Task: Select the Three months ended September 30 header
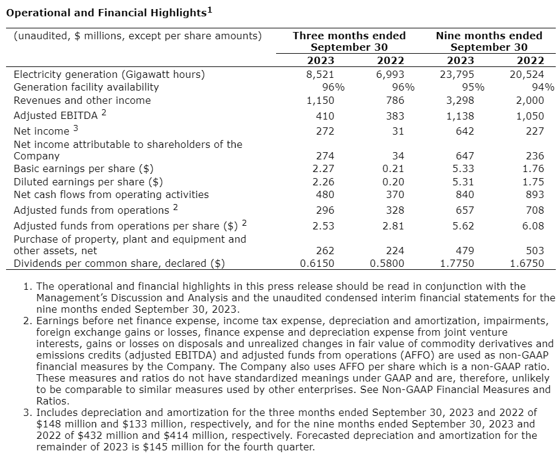[349, 41]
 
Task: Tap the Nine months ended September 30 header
[489, 41]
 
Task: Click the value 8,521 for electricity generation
[321, 74]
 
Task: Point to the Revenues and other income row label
[82, 100]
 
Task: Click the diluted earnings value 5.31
[463, 182]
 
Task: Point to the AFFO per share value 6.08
[532, 226]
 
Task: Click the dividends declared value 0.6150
[317, 263]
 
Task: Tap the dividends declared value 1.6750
[527, 263]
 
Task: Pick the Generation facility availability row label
[86, 87]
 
